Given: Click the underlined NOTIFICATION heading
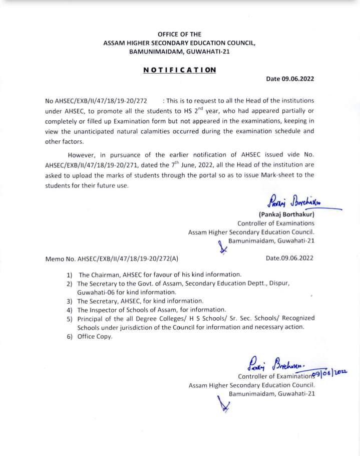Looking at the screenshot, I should point(180,70).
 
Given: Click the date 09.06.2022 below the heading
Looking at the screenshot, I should point(290,79).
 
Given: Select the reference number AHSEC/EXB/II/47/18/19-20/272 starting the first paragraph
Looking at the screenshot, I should point(100,100).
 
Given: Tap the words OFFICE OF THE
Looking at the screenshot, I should point(179,34).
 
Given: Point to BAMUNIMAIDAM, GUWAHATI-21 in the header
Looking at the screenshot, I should point(179,52).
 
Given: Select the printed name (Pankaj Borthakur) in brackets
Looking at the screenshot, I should point(286,214).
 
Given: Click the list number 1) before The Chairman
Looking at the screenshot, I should point(69,275).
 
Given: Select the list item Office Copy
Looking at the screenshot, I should point(95,336).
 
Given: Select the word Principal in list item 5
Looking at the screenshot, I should point(91,319).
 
